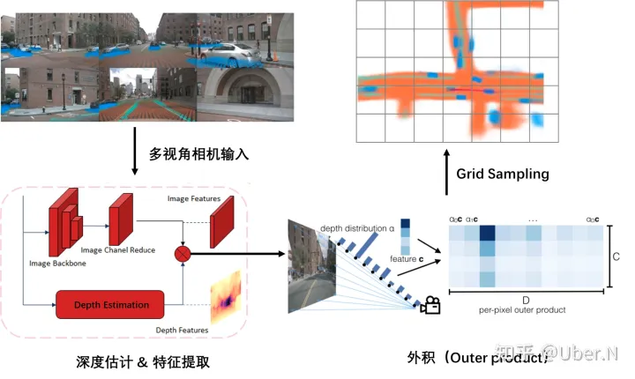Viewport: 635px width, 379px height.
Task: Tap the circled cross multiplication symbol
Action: pos(184,252)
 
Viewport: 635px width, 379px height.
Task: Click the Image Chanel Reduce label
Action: pos(118,250)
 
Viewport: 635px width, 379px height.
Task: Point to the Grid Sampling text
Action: pos(503,174)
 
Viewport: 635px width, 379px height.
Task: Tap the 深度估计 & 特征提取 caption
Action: pos(144,361)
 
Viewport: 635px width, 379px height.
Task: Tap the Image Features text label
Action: pos(193,199)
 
